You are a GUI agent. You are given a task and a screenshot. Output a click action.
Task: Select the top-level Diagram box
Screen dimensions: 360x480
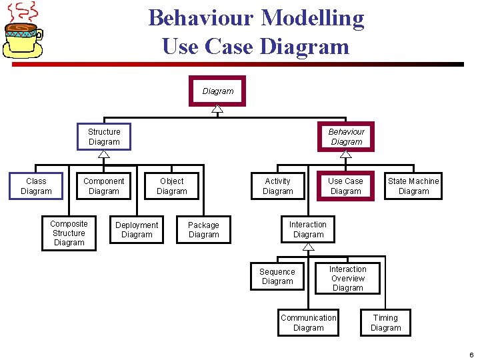(217, 91)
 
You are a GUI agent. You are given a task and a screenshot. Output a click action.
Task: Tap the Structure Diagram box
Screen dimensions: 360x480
(104, 137)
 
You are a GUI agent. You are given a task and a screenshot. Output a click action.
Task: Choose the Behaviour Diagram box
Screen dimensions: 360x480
(346, 137)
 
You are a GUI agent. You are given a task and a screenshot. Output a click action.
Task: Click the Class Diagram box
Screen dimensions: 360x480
(36, 186)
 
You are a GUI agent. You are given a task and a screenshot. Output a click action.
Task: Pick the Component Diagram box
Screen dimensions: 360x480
(103, 186)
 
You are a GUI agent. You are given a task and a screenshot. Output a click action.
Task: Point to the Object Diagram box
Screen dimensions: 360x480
(172, 186)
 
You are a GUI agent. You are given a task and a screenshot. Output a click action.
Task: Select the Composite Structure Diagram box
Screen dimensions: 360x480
(69, 233)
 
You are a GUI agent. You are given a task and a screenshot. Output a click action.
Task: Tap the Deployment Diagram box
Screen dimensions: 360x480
(137, 230)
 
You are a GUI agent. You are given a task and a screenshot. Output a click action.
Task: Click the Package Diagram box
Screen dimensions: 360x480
(203, 230)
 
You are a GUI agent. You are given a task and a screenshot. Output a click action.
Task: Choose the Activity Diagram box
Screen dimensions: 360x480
(277, 186)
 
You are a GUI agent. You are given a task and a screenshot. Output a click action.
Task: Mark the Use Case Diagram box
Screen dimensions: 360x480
(345, 186)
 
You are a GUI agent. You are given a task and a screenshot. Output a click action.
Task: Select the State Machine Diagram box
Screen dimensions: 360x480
(413, 186)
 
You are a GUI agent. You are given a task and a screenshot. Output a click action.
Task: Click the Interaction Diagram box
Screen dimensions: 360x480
(308, 230)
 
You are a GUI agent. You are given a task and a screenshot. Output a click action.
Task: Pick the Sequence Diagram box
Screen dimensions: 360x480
(277, 277)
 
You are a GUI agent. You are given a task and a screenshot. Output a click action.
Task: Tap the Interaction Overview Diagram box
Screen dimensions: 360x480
(347, 279)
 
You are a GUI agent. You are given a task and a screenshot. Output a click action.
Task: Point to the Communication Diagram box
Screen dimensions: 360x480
(308, 323)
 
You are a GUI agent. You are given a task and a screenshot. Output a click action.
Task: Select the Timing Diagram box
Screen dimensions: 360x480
(385, 323)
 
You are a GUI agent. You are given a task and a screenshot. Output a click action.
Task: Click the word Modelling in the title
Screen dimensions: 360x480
(313, 18)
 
